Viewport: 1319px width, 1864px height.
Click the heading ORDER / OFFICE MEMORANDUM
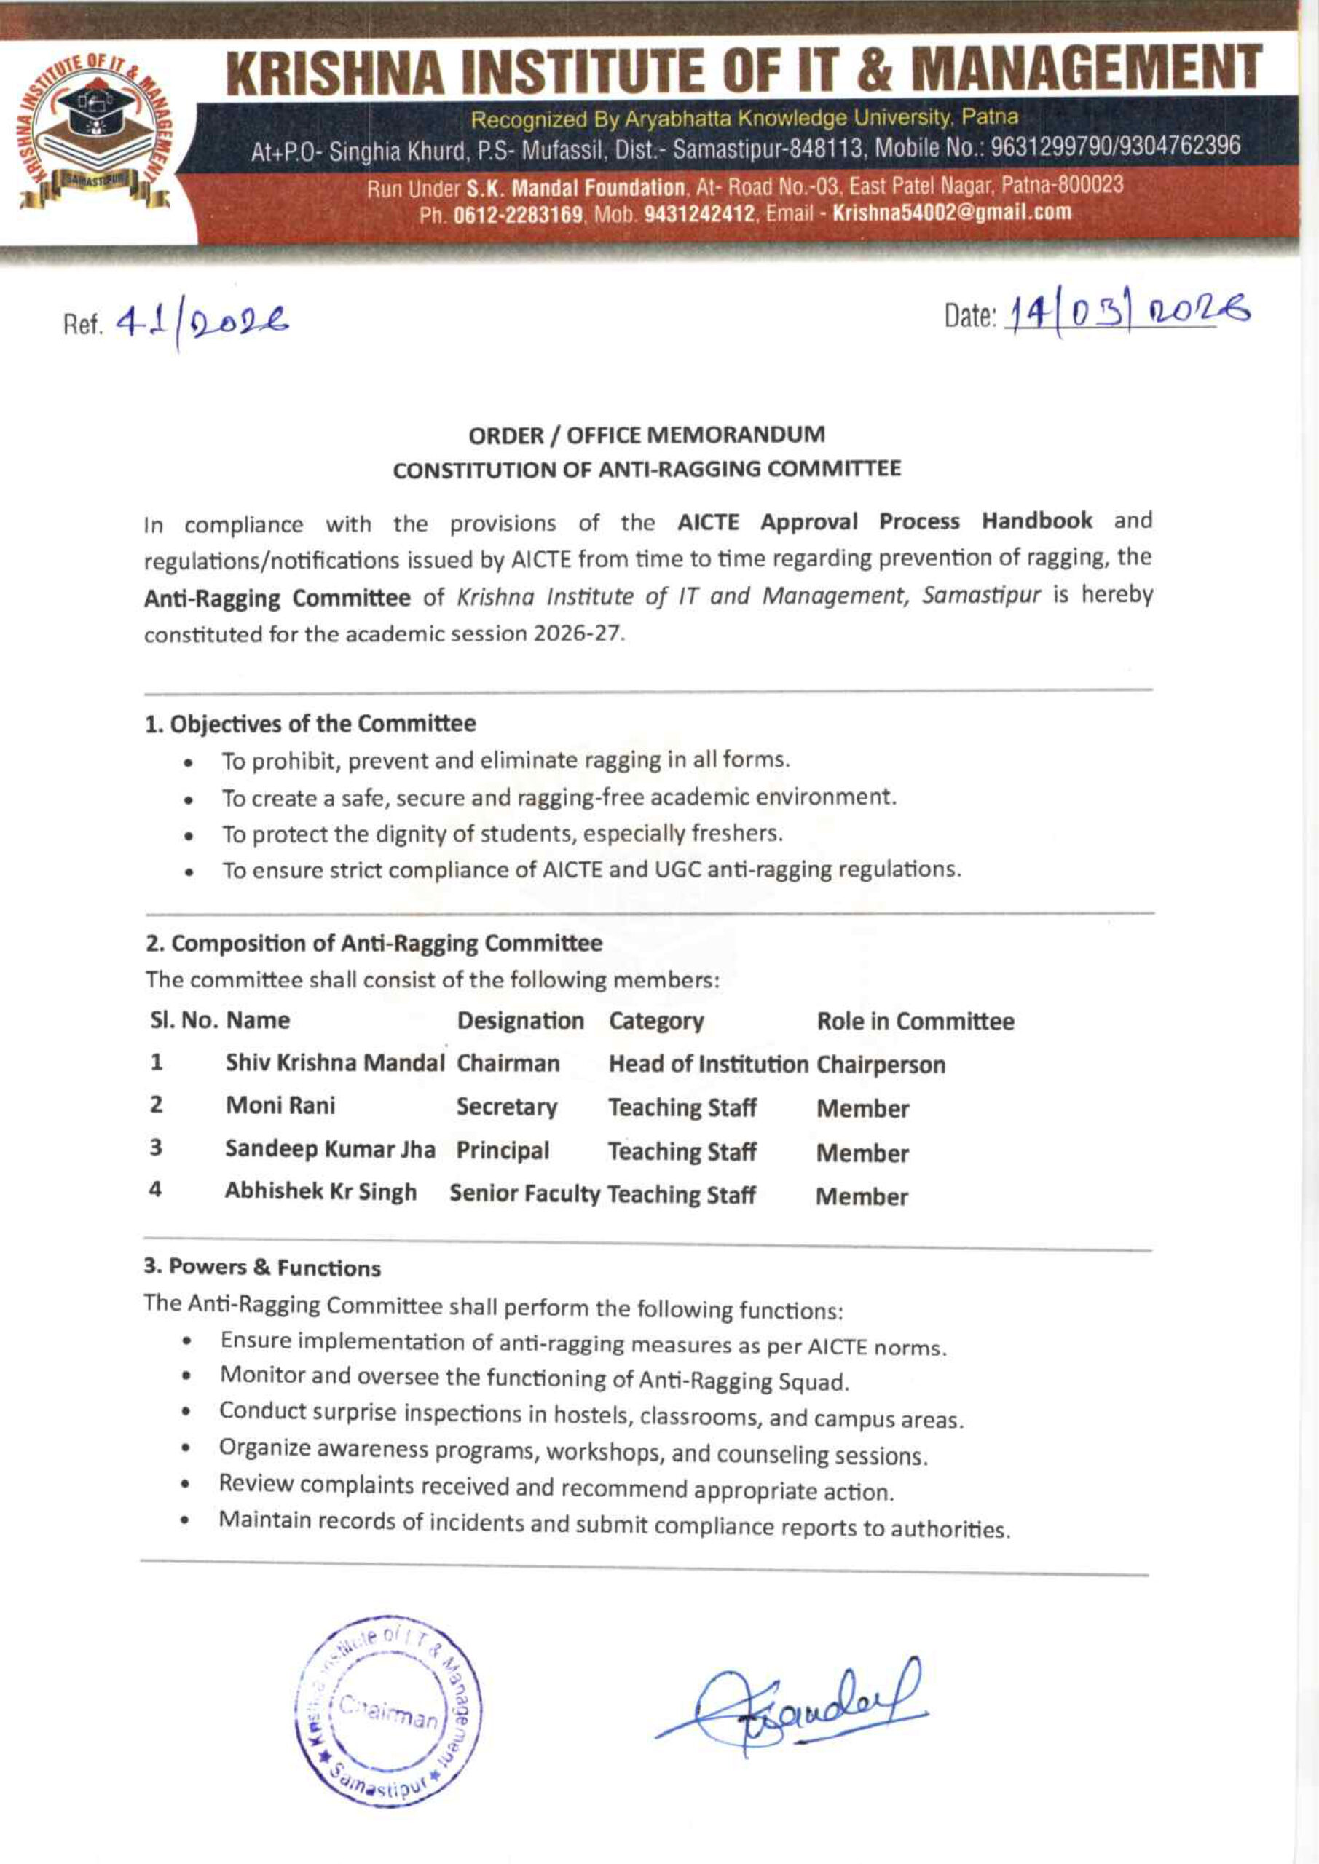(x=647, y=435)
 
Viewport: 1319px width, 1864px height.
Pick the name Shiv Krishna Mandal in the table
(x=336, y=1063)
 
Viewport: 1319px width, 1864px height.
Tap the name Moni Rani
(x=280, y=1106)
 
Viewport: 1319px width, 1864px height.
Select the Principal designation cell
(x=503, y=1150)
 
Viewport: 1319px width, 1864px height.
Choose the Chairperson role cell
(x=881, y=1065)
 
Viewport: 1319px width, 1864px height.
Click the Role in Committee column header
(x=916, y=1022)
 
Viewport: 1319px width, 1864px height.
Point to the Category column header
(x=656, y=1022)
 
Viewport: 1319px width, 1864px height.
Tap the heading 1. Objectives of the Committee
(x=310, y=723)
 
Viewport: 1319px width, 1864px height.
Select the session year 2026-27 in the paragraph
(x=578, y=634)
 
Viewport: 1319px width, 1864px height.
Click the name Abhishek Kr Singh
(x=320, y=1192)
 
